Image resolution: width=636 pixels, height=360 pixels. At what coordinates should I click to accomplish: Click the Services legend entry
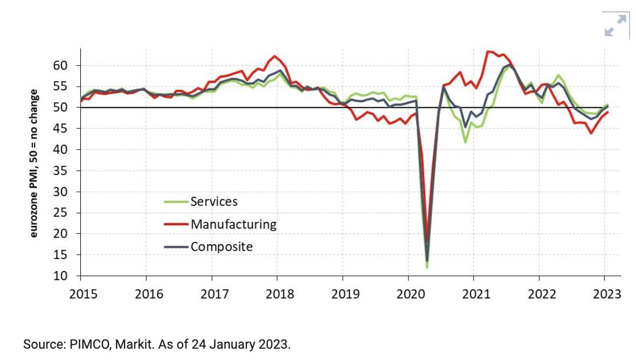(x=214, y=202)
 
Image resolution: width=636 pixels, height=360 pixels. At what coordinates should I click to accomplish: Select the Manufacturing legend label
(x=233, y=224)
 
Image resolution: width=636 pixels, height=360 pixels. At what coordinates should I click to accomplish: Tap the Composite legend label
(x=222, y=247)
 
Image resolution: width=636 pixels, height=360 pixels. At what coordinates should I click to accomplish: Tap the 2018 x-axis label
(x=277, y=294)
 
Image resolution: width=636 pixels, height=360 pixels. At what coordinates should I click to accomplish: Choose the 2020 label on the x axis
(x=408, y=294)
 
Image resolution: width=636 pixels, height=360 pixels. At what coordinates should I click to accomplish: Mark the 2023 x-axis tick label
(x=605, y=294)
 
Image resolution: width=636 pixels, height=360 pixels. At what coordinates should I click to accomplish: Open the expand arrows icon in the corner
(x=616, y=25)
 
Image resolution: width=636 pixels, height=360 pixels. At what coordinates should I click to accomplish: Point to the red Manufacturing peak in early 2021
(x=488, y=52)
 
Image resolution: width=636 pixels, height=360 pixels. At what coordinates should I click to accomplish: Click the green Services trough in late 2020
(x=465, y=142)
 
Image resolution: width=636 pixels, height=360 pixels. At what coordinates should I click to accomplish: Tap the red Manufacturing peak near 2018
(x=275, y=56)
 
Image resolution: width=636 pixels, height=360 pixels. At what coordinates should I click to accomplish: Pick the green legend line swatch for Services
(x=176, y=202)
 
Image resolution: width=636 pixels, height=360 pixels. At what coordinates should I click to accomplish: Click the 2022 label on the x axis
(x=540, y=294)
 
